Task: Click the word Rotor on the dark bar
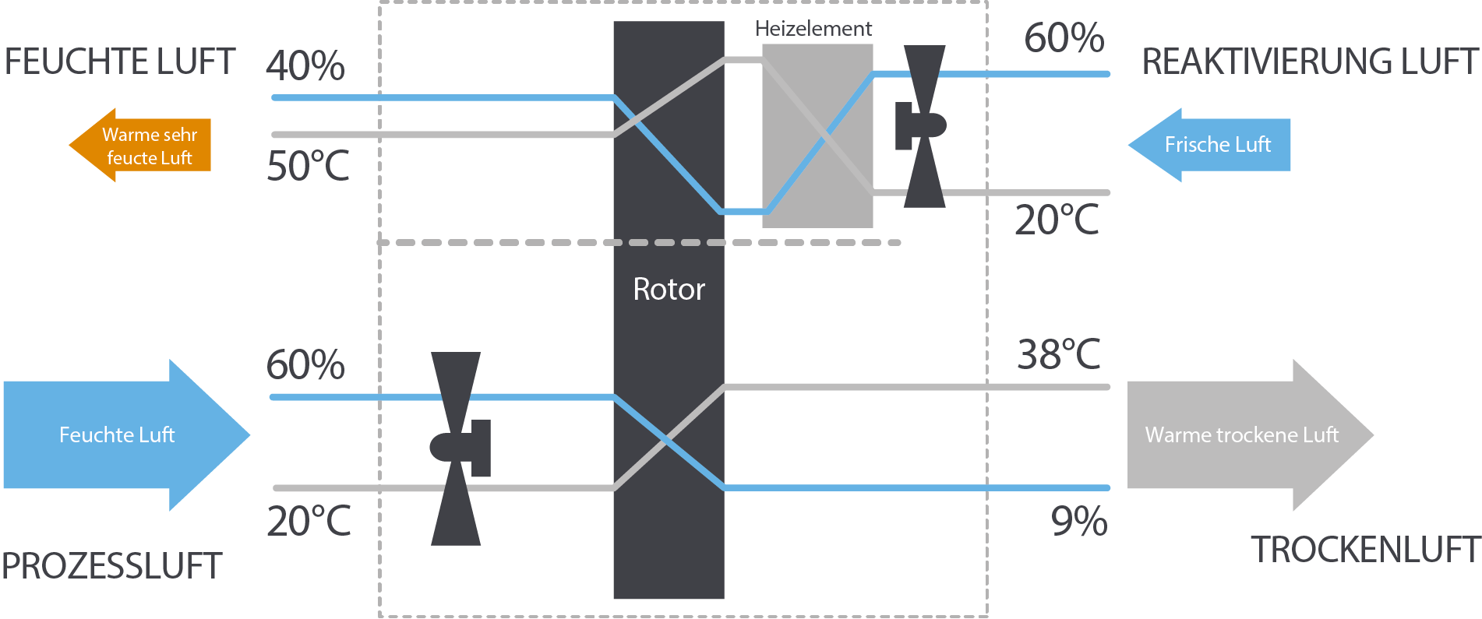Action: [669, 290]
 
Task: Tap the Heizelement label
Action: [813, 29]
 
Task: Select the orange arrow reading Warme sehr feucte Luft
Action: [140, 146]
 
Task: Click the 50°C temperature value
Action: [308, 166]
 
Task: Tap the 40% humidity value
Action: [305, 66]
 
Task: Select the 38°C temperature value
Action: [1058, 355]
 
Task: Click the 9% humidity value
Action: [1079, 522]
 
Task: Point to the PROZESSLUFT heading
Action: [112, 566]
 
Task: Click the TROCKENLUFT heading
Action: [1365, 550]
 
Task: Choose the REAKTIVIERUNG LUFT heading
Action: [1309, 62]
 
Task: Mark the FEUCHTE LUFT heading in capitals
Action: [119, 62]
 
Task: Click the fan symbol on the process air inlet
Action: [459, 448]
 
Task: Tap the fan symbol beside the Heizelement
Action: [923, 126]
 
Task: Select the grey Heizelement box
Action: [817, 135]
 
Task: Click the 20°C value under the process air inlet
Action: [309, 522]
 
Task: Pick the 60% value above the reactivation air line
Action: [1064, 38]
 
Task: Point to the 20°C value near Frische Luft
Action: [1057, 220]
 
